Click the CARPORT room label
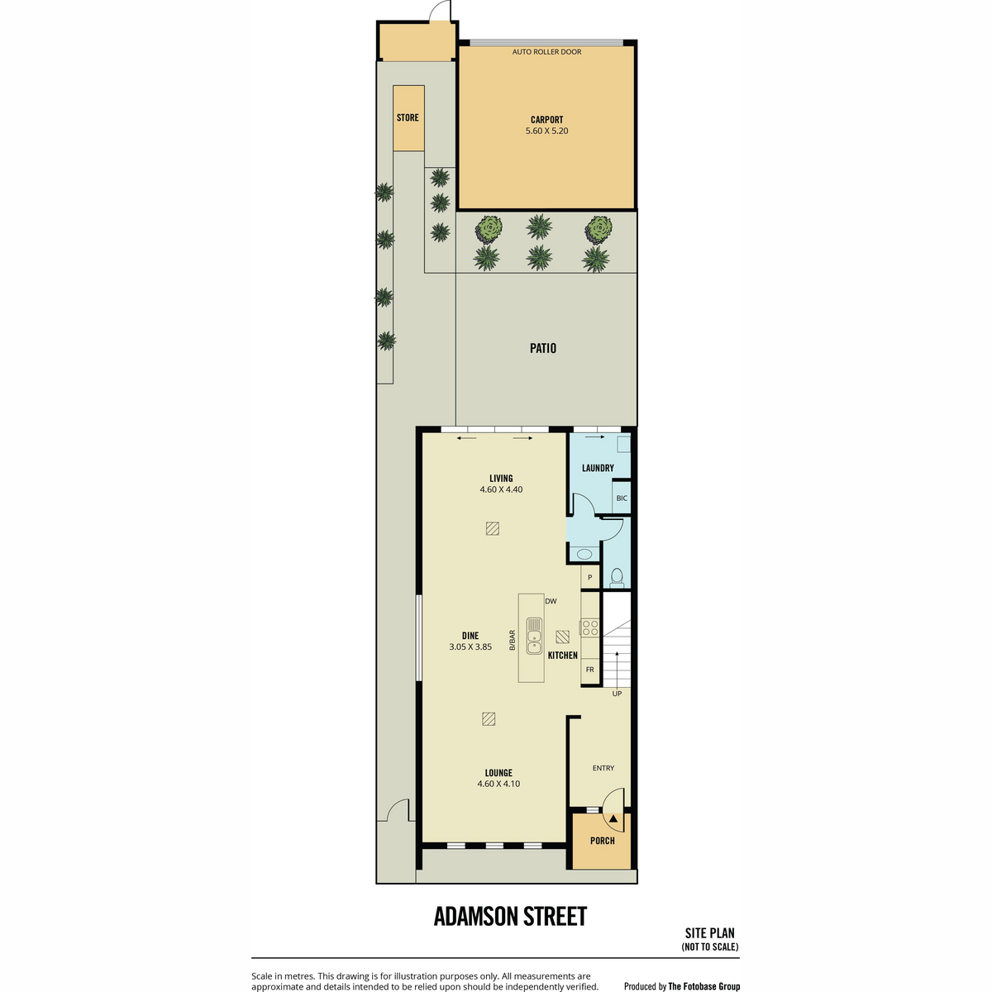(546, 119)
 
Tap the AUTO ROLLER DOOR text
(546, 52)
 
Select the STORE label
(408, 117)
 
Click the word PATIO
(543, 348)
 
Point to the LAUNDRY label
(598, 468)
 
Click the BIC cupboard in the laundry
(622, 498)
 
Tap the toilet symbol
(617, 578)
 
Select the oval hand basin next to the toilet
(584, 554)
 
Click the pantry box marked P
(590, 577)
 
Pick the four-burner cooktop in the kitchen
(590, 627)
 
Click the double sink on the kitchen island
(534, 636)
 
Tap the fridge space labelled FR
(590, 670)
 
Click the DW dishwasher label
(551, 601)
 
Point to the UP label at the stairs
(617, 694)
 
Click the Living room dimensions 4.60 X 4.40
(501, 489)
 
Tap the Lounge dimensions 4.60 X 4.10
(498, 784)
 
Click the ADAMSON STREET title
(510, 916)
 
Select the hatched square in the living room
(492, 529)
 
